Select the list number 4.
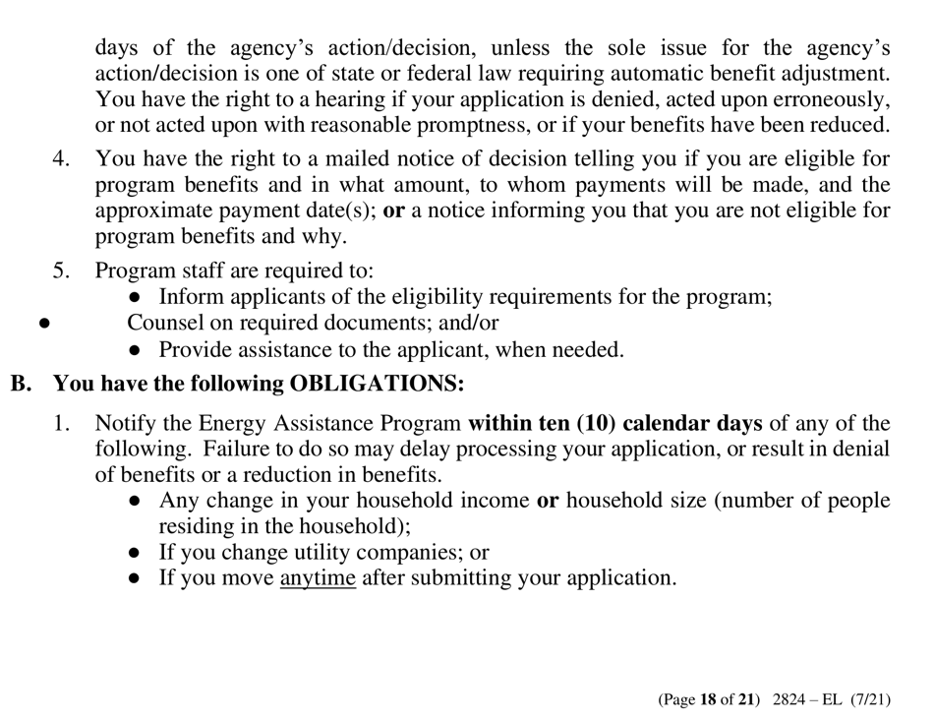(60, 158)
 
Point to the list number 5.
(60, 270)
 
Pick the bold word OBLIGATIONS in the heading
(376, 384)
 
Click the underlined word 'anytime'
(318, 577)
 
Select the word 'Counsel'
(166, 322)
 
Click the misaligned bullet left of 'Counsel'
(41, 323)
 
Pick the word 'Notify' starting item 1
(123, 424)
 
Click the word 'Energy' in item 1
(232, 424)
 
